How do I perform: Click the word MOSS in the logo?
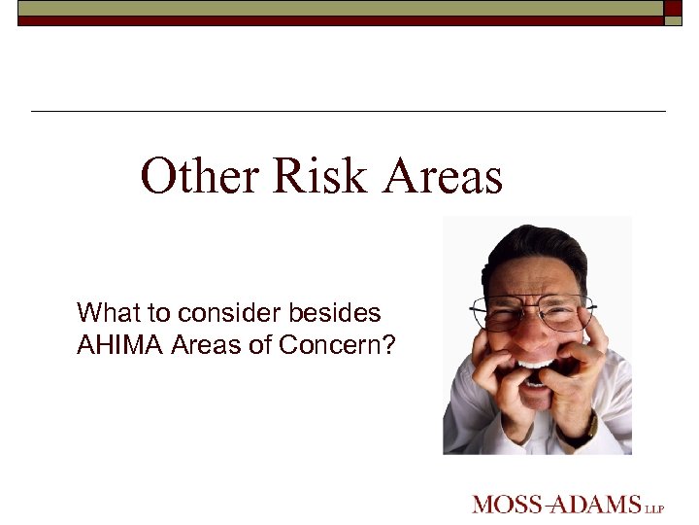tap(504, 505)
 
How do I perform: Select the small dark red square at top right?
tap(674, 8)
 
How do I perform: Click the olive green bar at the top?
tap(340, 7)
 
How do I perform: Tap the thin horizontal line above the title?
tap(349, 112)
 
